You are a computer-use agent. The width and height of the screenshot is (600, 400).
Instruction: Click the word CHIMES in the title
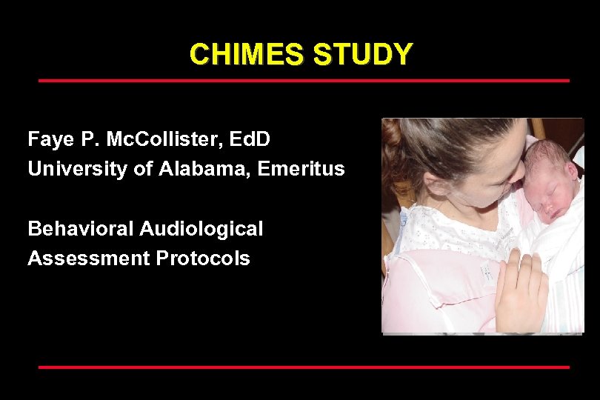click(x=247, y=55)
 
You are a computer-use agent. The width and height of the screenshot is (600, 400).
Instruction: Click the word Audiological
click(x=201, y=229)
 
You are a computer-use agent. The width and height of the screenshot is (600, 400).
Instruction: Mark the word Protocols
click(x=203, y=259)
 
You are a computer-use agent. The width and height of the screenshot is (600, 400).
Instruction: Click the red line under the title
click(x=304, y=80)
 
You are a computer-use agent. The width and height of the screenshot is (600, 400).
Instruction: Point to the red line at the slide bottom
click(x=304, y=367)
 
